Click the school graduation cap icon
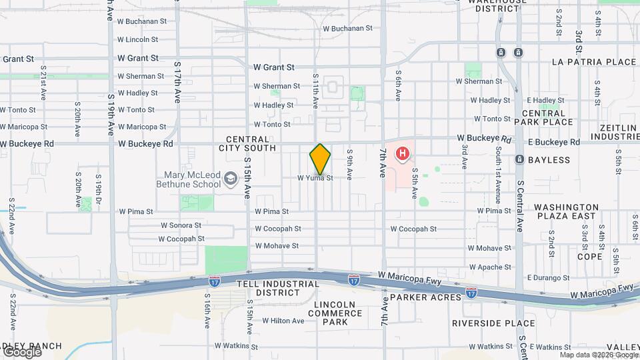pyautogui.click(x=231, y=178)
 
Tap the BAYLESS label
pyautogui.click(x=549, y=160)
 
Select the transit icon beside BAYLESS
pyautogui.click(x=519, y=160)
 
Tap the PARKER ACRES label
pyautogui.click(x=425, y=297)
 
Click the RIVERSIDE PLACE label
pyautogui.click(x=493, y=323)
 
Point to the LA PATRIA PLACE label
pyautogui.click(x=594, y=62)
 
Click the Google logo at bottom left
pyautogui.click(x=21, y=351)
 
